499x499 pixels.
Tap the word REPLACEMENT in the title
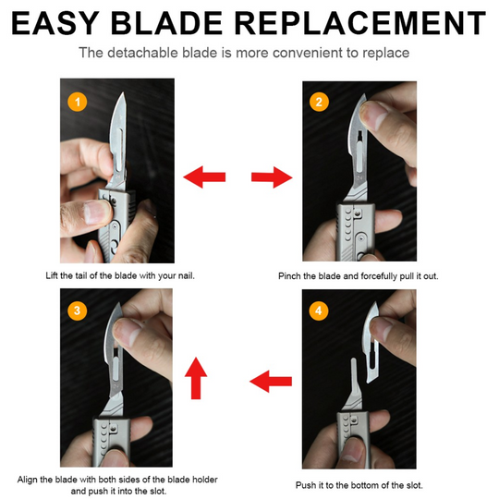click(x=374, y=20)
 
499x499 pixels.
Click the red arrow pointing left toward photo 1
click(x=204, y=176)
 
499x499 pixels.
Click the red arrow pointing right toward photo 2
click(x=269, y=176)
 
